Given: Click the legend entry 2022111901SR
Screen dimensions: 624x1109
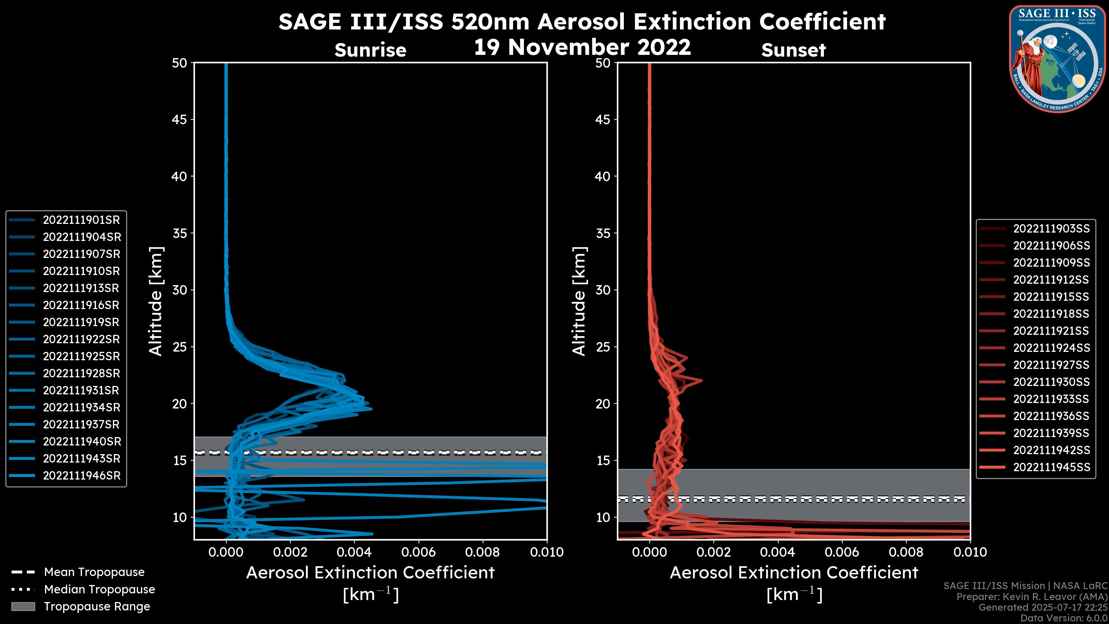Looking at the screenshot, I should click(x=81, y=220).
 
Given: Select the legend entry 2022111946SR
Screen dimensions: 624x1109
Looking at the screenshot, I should click(x=81, y=476).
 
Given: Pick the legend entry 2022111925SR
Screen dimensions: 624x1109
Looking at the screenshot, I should click(x=81, y=356).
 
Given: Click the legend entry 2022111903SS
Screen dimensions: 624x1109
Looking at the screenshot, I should click(x=1051, y=229).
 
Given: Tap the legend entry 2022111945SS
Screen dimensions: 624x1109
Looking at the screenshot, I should click(x=1051, y=467).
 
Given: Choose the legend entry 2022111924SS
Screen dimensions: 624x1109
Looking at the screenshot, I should click(x=1051, y=348).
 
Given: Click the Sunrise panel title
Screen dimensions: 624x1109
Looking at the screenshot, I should click(x=370, y=50).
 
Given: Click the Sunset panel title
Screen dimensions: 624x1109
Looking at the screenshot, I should click(x=793, y=50).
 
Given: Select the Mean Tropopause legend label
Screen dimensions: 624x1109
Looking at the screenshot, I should click(x=94, y=572).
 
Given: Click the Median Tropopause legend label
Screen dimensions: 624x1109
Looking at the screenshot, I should click(x=99, y=590).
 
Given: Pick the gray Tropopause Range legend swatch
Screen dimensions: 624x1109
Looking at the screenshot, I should click(x=23, y=607).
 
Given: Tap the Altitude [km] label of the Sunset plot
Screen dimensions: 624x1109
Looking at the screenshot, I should click(x=579, y=301).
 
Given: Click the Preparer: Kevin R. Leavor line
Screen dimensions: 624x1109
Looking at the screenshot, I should click(x=1032, y=597).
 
